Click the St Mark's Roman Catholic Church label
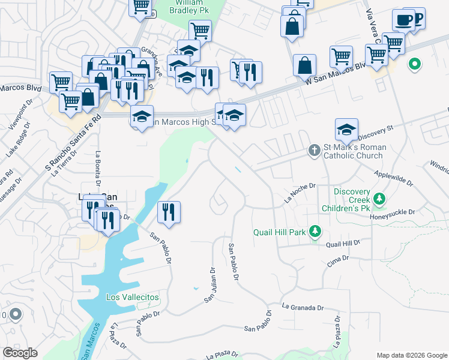[x=354, y=151]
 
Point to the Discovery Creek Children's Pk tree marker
[x=379, y=198]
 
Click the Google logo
[x=20, y=352]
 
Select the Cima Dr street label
[x=338, y=259]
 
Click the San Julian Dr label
[x=211, y=284]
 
